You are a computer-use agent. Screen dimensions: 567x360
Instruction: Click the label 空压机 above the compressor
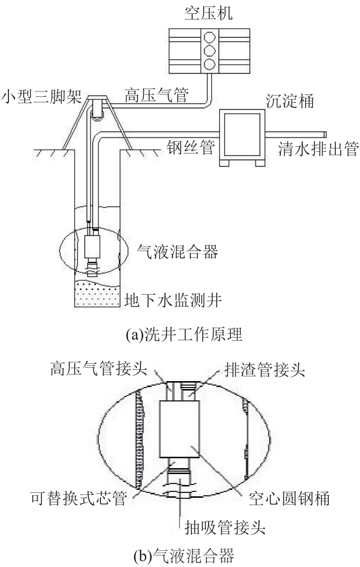(209, 13)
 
